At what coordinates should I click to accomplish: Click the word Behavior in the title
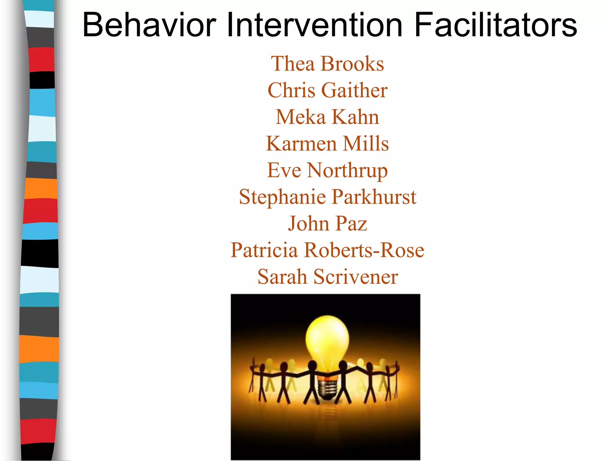coord(149,25)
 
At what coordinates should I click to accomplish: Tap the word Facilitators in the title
coord(495,25)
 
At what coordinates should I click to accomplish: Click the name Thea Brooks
coord(327,64)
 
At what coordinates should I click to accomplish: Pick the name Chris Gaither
coord(327,90)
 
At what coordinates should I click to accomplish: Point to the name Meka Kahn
coord(327,117)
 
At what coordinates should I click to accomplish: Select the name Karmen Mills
coord(327,143)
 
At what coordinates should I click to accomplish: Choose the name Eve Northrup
coord(327,170)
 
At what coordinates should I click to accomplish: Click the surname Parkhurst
coord(374,197)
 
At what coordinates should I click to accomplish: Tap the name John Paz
coord(327,224)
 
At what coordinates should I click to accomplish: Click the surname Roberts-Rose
coord(364,250)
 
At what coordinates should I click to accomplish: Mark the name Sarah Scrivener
coord(328,277)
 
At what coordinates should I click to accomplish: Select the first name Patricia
coord(264,250)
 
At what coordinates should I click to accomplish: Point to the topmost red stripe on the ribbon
coord(41,59)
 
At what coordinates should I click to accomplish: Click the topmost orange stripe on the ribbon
coord(41,188)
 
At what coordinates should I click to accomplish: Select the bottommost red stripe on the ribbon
coord(38,431)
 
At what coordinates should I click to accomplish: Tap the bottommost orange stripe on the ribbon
coord(39,349)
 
